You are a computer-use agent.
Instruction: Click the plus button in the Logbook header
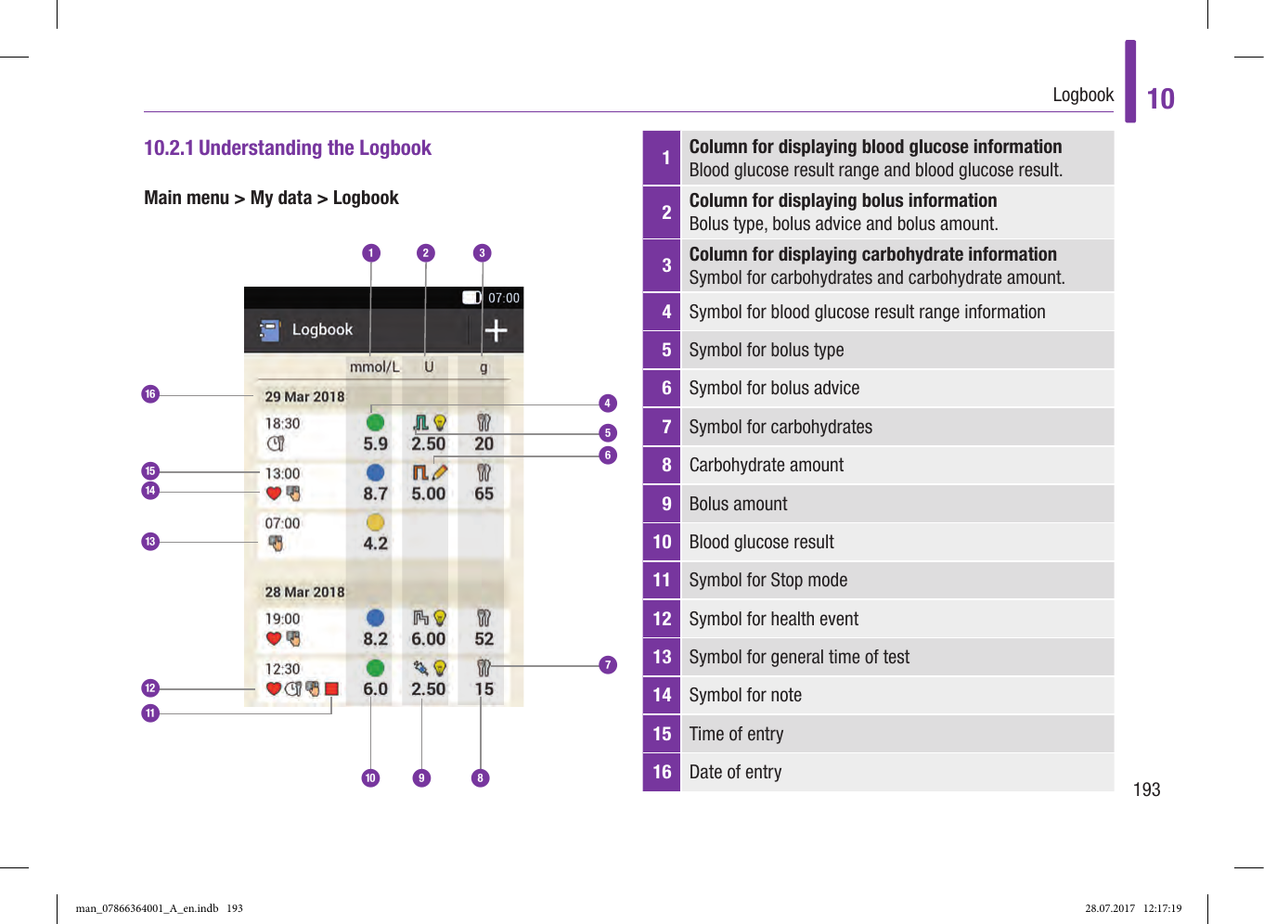point(496,330)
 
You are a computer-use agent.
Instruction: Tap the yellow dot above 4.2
point(375,522)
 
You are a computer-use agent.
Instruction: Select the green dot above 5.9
point(375,423)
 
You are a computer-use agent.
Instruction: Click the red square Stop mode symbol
point(331,688)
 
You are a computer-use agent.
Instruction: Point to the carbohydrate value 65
point(484,494)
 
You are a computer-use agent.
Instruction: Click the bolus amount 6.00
point(428,639)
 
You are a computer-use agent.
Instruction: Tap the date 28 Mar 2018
point(304,592)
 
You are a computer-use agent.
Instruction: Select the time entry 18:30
point(282,423)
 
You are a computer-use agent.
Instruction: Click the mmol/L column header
point(374,366)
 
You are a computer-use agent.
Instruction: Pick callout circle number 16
point(150,394)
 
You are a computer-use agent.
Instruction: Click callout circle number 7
point(608,664)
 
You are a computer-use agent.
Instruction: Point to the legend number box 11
point(662,580)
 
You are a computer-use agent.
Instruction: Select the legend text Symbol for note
point(744,695)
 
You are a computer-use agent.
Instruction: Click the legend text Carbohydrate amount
point(766,465)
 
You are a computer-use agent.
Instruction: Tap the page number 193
point(1146,789)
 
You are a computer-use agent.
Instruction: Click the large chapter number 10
point(1160,98)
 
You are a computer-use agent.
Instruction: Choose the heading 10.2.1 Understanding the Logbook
point(288,148)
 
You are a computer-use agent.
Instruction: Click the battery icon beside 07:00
point(471,298)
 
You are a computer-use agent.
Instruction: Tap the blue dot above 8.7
point(375,472)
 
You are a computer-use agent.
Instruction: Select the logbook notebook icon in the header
point(269,330)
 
